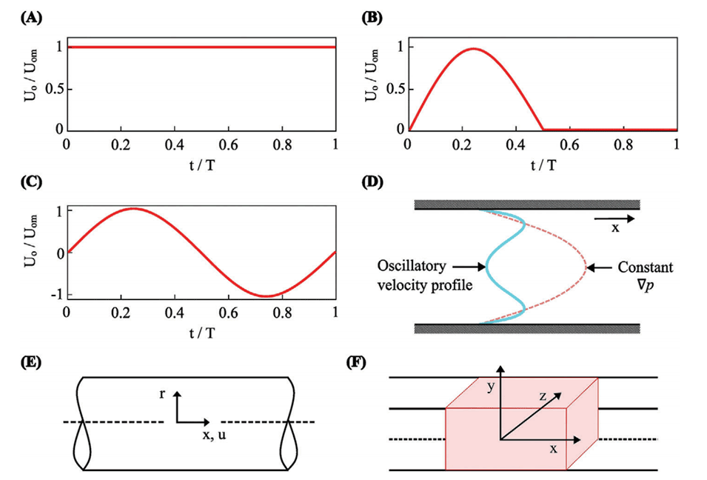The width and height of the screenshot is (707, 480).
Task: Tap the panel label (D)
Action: (x=372, y=182)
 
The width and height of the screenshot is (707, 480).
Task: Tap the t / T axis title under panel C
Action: (x=201, y=333)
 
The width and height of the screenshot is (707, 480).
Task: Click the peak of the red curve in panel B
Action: (x=474, y=49)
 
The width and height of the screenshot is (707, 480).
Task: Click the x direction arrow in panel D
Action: (x=614, y=219)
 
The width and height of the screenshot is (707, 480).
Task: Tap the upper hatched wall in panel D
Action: (x=526, y=204)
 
